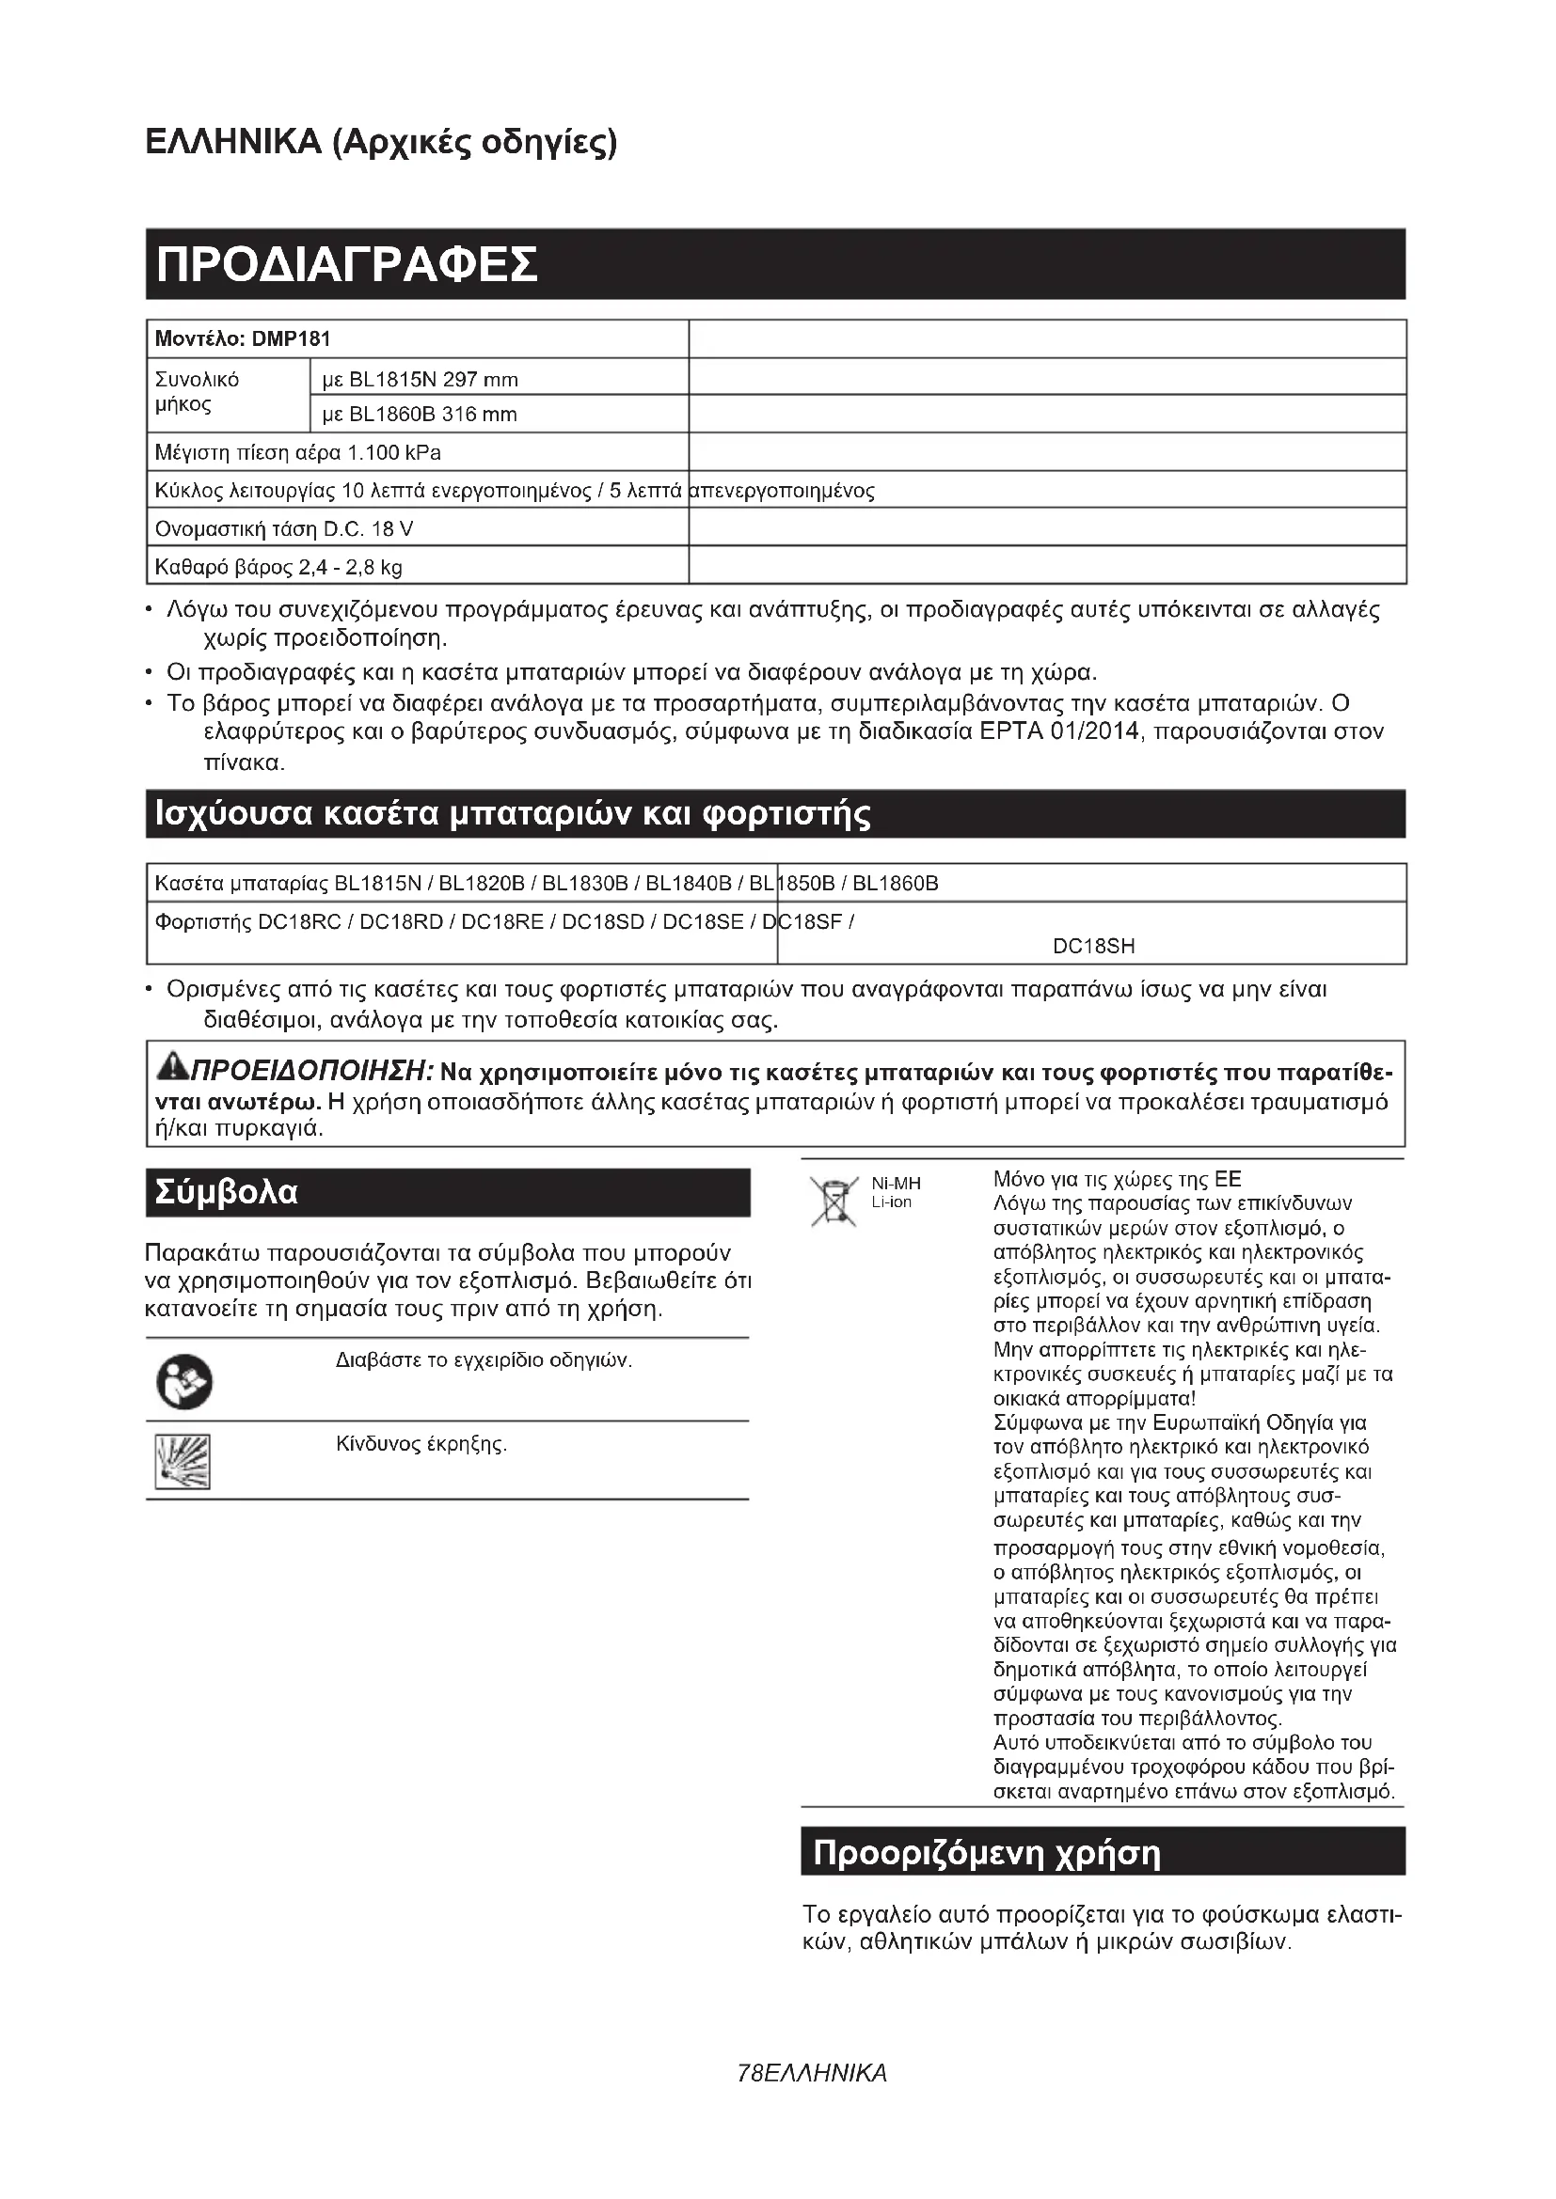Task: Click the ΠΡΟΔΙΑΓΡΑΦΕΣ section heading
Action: pyautogui.click(x=347, y=265)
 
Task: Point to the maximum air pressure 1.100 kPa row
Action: pyautogui.click(x=298, y=452)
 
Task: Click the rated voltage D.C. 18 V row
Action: pyautogui.click(x=284, y=529)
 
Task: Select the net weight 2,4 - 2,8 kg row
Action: pyautogui.click(x=278, y=567)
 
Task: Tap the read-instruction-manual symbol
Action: pyautogui.click(x=183, y=1383)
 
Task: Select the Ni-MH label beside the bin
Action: pyautogui.click(x=896, y=1185)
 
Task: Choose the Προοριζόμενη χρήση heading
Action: pyautogui.click(x=986, y=1853)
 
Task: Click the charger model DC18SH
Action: pyautogui.click(x=1093, y=947)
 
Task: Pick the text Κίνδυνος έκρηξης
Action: pyautogui.click(x=421, y=1444)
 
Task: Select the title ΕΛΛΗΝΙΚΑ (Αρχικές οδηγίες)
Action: pyautogui.click(x=381, y=143)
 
